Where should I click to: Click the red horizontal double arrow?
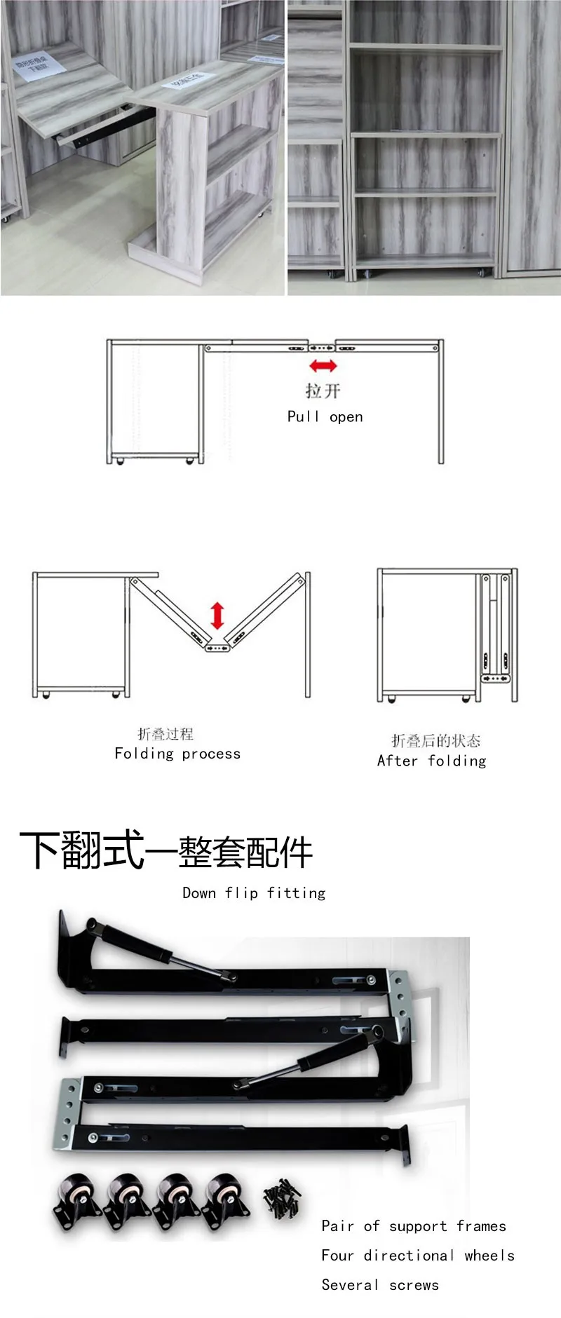tap(323, 365)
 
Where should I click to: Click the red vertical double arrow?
tap(217, 615)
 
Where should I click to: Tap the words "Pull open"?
tap(325, 416)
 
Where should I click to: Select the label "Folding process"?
tap(177, 754)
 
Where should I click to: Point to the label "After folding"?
tap(431, 761)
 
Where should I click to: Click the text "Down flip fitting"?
tap(254, 892)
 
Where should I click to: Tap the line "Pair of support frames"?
tap(413, 1225)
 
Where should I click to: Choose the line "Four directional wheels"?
tap(418, 1255)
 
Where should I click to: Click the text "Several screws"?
tap(380, 1284)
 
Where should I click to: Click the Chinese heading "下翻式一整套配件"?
tap(165, 850)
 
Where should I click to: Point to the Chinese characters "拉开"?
tap(323, 390)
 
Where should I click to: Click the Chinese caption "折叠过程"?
tap(165, 734)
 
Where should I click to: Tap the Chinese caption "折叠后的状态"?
tap(435, 740)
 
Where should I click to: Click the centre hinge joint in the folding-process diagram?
tap(217, 648)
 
